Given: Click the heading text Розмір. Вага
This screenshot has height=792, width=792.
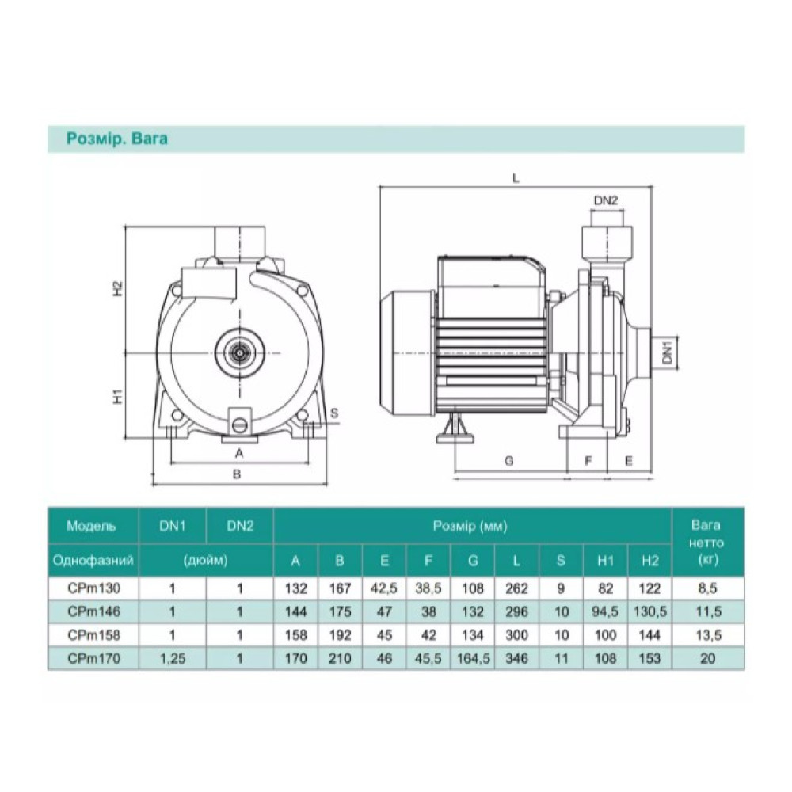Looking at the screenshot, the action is click(x=116, y=139).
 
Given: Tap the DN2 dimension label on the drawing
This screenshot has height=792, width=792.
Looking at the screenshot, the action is click(x=606, y=200).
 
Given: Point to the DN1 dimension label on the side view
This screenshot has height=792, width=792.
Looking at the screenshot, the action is click(x=668, y=352).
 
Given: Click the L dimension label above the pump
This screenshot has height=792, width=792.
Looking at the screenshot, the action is click(x=516, y=177).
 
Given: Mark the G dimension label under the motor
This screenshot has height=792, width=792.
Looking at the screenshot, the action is click(x=509, y=461).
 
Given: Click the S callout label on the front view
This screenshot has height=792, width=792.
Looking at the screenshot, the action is click(x=334, y=413).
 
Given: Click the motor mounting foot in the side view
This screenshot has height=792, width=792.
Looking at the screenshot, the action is click(x=455, y=426).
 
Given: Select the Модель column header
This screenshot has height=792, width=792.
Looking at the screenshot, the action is click(x=91, y=526).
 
